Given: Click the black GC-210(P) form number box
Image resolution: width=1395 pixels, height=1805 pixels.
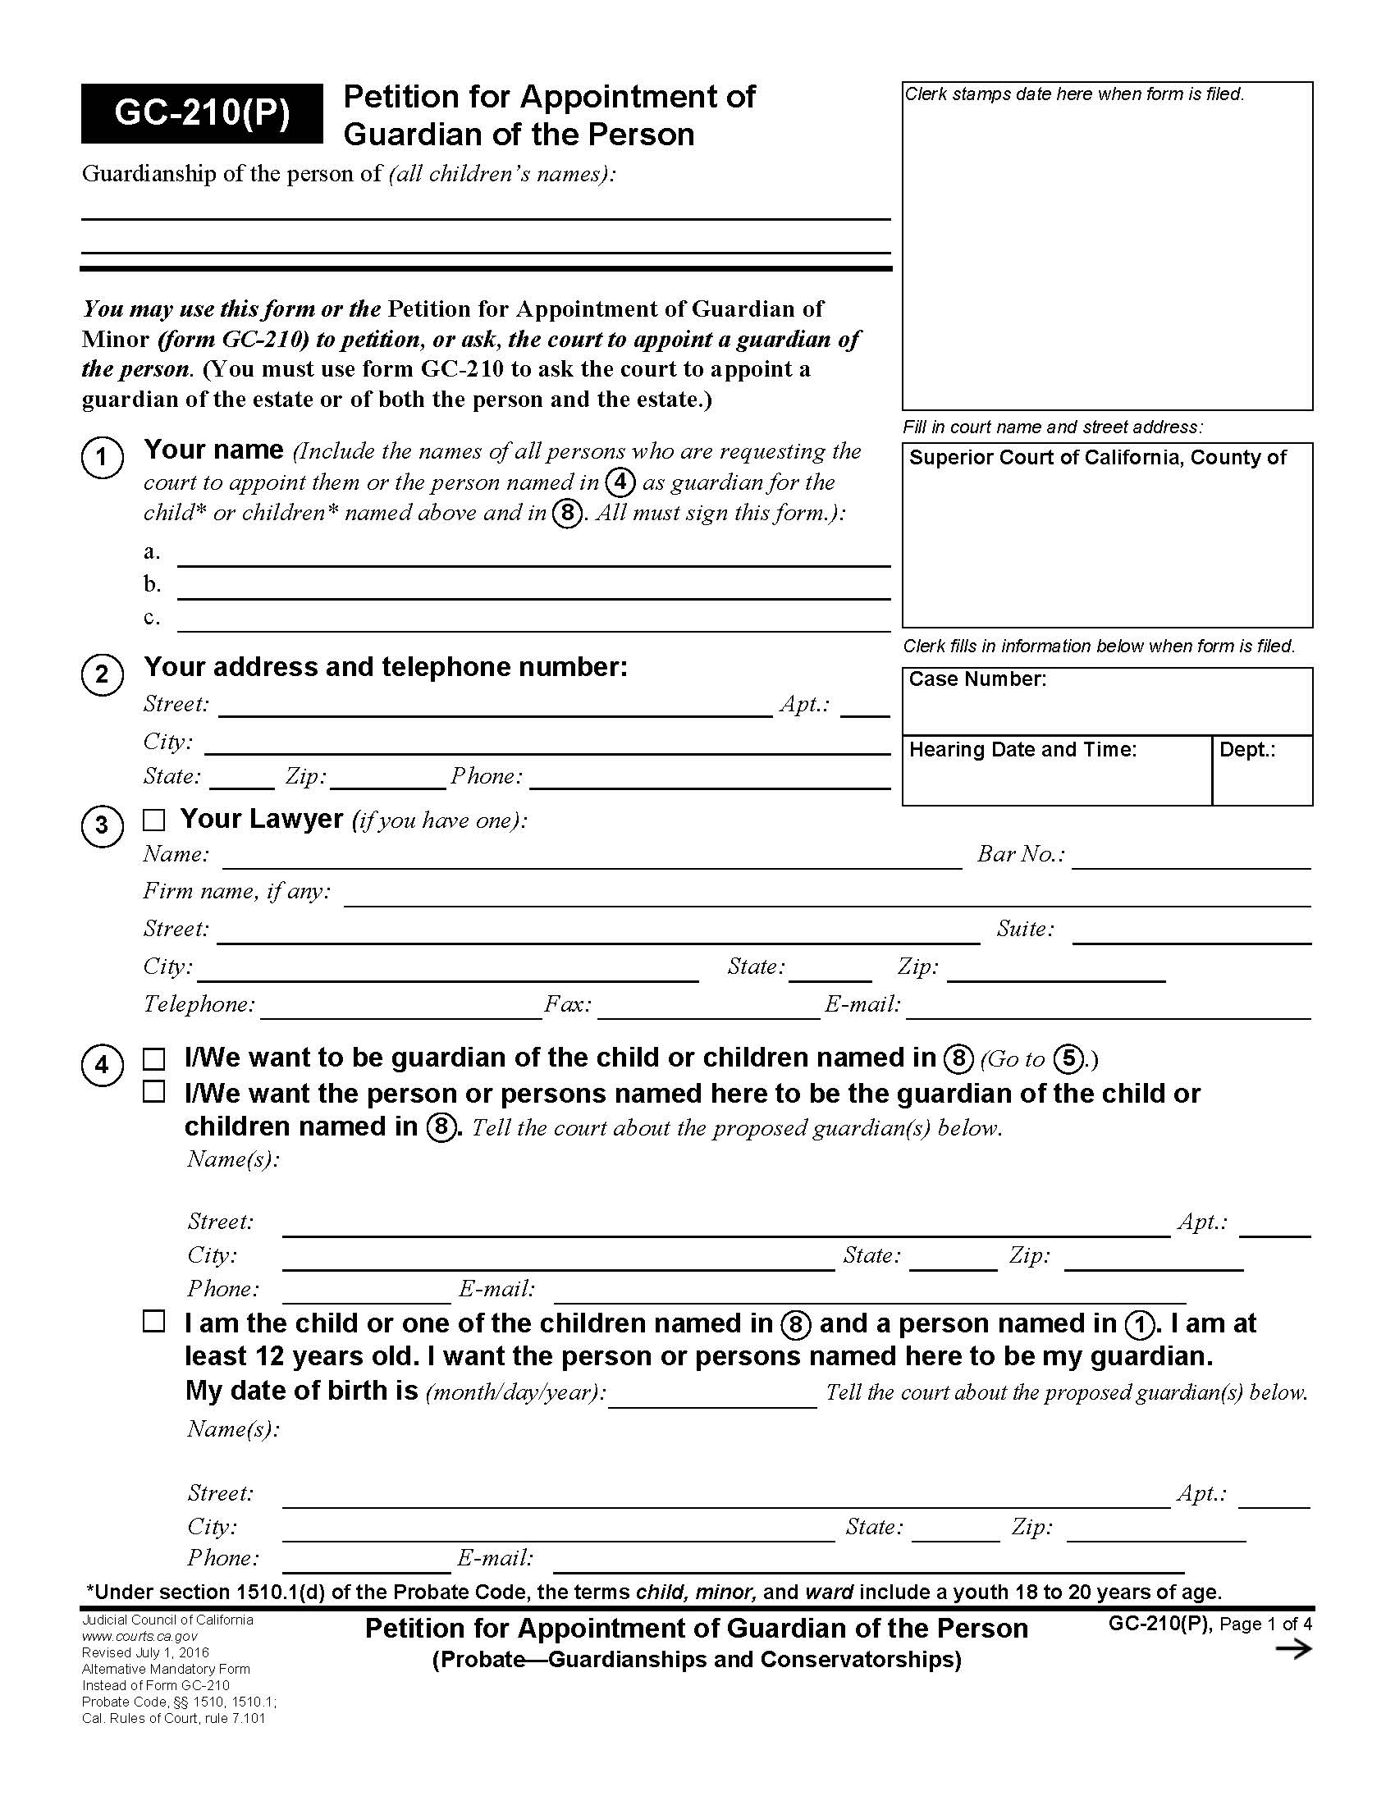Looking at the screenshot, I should click(x=202, y=113).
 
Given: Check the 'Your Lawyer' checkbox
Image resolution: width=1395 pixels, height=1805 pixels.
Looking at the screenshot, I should click(x=153, y=820).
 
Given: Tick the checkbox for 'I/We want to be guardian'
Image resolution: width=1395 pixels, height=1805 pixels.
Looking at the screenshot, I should click(x=153, y=1058).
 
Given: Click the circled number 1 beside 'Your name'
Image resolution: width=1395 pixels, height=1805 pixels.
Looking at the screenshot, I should click(x=103, y=457).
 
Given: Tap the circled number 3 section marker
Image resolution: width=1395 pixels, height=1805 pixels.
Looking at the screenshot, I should click(x=103, y=825).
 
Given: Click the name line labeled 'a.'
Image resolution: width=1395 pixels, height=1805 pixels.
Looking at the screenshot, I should click(x=533, y=555).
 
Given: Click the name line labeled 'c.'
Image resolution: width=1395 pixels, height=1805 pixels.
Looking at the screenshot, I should click(x=533, y=622).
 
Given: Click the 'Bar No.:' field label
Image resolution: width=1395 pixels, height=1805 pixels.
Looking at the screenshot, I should click(x=1021, y=854).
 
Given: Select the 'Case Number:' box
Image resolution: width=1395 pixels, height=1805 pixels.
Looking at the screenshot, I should click(x=1107, y=701).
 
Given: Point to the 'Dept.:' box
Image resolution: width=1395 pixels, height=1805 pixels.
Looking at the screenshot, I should click(x=1262, y=770).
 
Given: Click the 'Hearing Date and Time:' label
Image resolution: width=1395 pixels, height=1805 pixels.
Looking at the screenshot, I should click(x=1022, y=750).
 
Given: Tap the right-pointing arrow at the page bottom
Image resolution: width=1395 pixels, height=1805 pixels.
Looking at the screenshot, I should click(x=1293, y=1650).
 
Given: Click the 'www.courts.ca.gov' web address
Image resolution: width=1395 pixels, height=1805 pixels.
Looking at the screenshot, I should click(x=139, y=1637).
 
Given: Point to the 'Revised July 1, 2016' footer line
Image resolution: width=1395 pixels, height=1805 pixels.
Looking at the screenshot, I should click(x=144, y=1653).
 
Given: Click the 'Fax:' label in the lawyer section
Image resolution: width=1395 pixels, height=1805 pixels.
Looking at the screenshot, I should click(x=568, y=1004).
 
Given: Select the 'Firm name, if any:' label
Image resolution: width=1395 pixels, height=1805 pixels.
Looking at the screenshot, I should click(x=237, y=891).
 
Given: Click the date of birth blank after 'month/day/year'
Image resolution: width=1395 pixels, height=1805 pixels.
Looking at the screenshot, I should click(x=712, y=1393).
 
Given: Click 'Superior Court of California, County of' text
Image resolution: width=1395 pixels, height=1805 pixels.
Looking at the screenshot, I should click(x=1097, y=458).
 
